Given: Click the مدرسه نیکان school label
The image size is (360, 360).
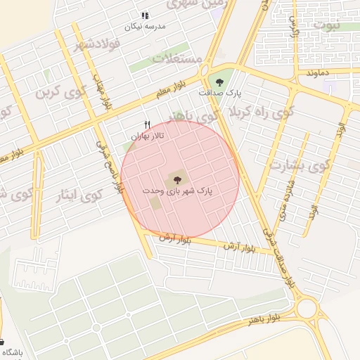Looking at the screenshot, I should click(x=144, y=26).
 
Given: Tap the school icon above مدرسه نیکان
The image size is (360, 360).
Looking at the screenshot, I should click(x=144, y=15).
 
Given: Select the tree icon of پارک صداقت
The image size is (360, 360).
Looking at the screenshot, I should click(x=219, y=82).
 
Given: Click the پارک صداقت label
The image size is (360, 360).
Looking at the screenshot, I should click(x=219, y=93).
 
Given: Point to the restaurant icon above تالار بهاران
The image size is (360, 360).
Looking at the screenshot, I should click(x=147, y=124).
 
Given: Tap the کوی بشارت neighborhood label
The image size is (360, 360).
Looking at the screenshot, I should click(x=298, y=167).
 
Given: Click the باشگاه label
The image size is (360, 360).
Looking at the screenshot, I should click(x=12, y=352).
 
